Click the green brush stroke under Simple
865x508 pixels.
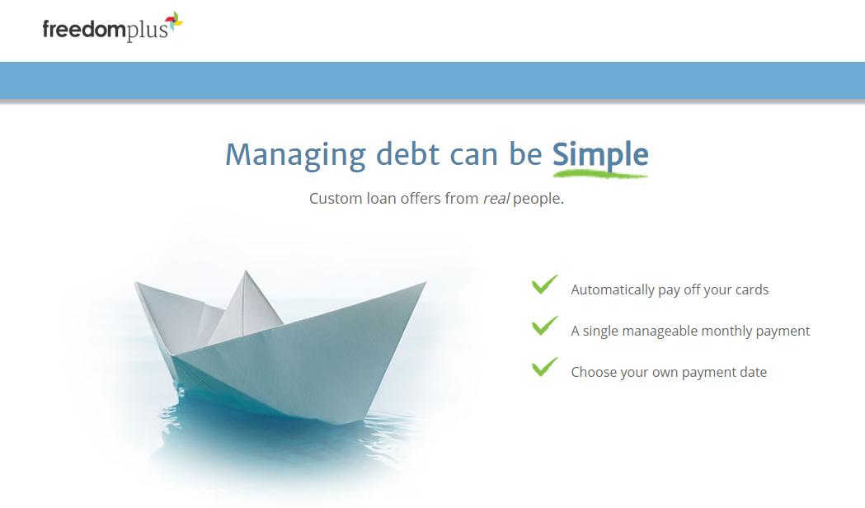pyautogui.click(x=600, y=173)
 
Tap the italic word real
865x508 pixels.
pyautogui.click(x=496, y=199)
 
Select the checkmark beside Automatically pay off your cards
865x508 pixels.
pyautogui.click(x=544, y=285)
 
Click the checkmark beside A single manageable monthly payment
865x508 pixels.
pyautogui.click(x=544, y=326)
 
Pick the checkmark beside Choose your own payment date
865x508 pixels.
pyautogui.click(x=544, y=367)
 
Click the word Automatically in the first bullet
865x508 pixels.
pyautogui.click(x=612, y=290)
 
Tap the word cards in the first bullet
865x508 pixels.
pyautogui.click(x=751, y=290)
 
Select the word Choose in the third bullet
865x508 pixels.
pyautogui.click(x=593, y=373)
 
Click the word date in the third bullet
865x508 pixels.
pyautogui.click(x=752, y=373)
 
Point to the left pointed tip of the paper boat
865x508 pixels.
pyautogui.click(x=137, y=285)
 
